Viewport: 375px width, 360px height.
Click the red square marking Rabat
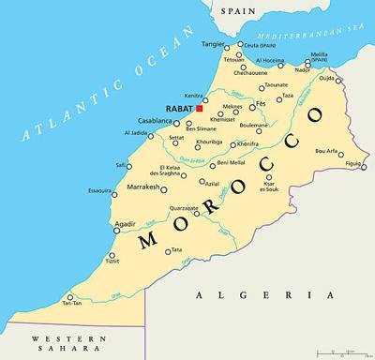(x=199, y=109)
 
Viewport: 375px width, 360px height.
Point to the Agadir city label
(x=125, y=224)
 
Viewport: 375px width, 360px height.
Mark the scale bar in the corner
(x=342, y=352)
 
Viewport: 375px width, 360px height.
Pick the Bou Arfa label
(x=327, y=150)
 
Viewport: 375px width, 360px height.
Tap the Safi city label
(x=120, y=165)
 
